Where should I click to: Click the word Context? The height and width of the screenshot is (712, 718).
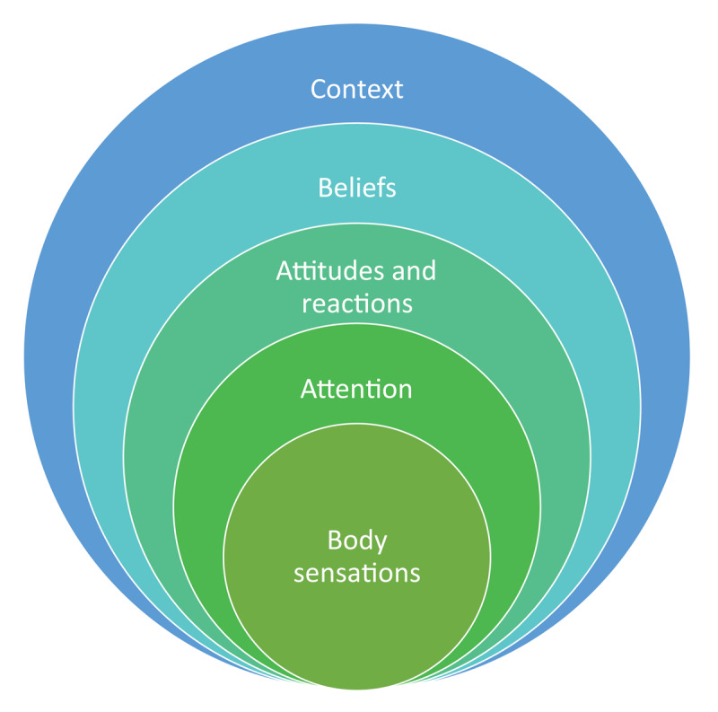tap(356, 90)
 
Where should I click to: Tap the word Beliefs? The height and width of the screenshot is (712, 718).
tap(356, 189)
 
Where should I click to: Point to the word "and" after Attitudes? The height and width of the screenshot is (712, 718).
tap(415, 271)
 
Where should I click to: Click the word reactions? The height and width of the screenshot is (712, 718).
tap(356, 303)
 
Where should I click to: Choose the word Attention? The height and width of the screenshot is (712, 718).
tap(356, 389)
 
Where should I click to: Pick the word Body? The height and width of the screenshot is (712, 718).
tap(356, 542)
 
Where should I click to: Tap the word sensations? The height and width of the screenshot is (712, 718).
tap(356, 572)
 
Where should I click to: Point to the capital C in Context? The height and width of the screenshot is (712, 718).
tap(318, 90)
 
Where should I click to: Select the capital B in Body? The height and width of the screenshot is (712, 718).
tap(334, 541)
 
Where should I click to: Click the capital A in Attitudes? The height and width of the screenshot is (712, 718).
tap(285, 271)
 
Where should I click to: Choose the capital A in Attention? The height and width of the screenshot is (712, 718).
tap(308, 389)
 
